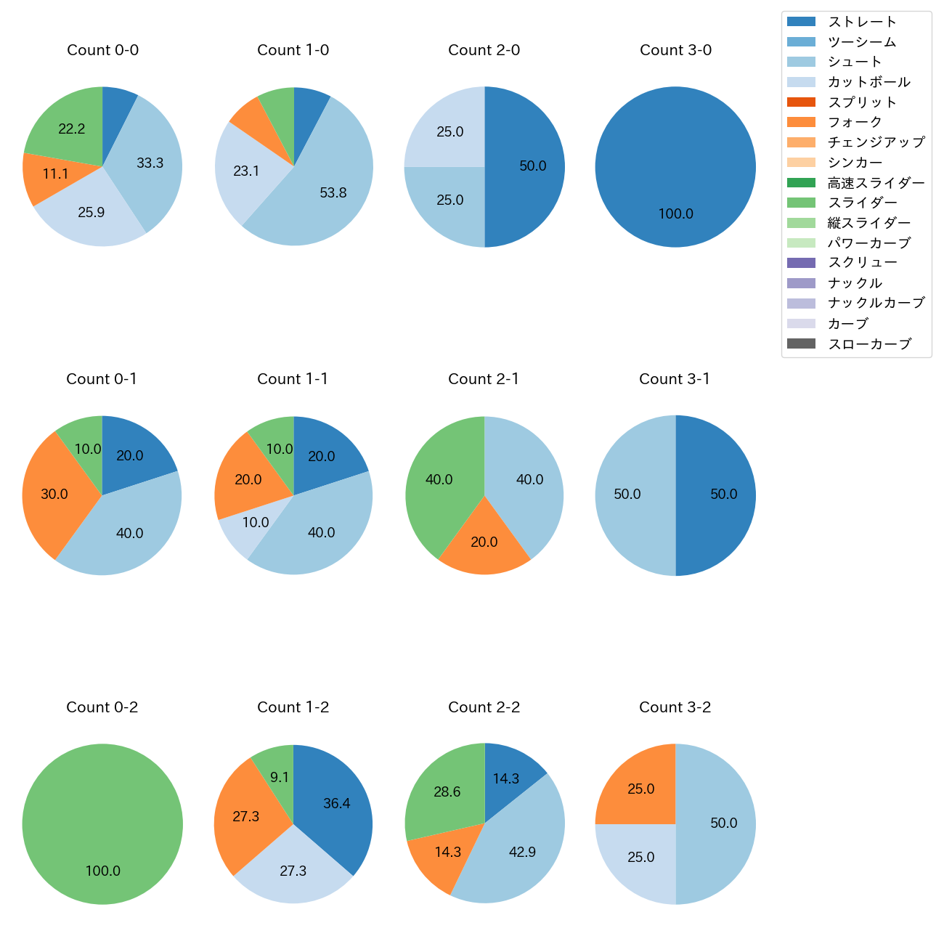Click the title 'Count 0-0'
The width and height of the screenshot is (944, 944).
tap(102, 50)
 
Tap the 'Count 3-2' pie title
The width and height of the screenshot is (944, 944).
tap(675, 707)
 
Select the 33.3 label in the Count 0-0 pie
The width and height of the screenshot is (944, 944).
tap(150, 163)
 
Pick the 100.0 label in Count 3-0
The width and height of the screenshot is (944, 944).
tap(675, 214)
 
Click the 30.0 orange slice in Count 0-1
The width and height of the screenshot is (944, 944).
tap(54, 494)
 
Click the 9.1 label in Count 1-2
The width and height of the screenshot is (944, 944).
tap(280, 778)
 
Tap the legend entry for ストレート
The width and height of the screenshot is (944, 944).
tap(862, 22)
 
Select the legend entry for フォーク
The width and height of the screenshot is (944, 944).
tap(855, 122)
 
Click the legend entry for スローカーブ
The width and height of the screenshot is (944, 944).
tap(869, 344)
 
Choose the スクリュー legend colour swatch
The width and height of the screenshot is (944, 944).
tap(801, 263)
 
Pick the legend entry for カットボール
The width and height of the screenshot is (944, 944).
tap(868, 82)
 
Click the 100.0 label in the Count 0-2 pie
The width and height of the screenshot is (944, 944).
tap(102, 871)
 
